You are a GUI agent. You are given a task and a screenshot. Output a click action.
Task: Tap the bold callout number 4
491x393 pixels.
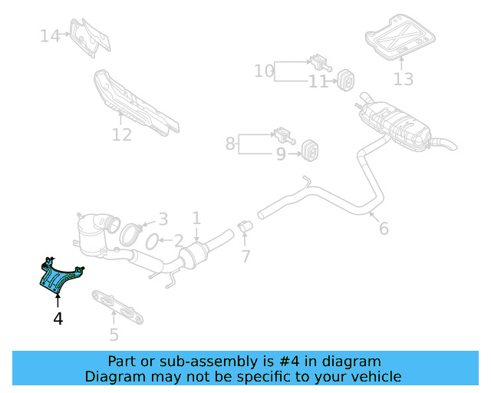[x=58, y=318]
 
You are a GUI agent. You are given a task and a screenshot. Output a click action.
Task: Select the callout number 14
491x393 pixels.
[x=50, y=35]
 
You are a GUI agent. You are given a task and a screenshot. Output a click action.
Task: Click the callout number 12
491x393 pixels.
[x=121, y=135]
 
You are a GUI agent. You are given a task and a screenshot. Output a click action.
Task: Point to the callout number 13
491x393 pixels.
[x=403, y=78]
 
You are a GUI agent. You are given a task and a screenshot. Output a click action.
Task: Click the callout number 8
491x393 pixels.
[x=230, y=143]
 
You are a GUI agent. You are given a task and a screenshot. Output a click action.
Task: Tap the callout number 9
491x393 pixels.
[x=281, y=154]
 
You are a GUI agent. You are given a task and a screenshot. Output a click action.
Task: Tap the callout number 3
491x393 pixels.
[x=162, y=219]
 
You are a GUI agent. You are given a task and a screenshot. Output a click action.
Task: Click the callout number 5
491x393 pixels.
[x=114, y=334]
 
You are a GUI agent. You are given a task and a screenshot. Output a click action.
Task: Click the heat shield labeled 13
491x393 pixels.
[x=397, y=36]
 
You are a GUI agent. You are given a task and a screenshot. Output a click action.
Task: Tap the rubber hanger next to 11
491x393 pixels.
[x=344, y=78]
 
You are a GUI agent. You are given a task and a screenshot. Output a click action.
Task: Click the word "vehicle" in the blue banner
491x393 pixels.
[x=376, y=376]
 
